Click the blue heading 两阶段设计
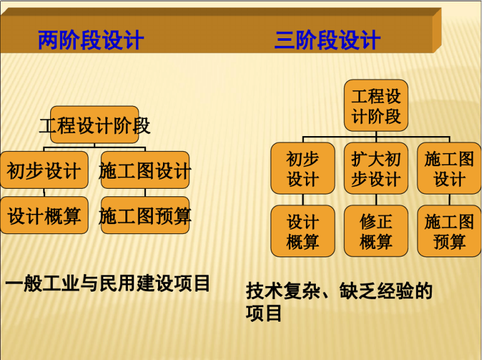tap(91, 40)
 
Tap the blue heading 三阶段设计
tap(328, 40)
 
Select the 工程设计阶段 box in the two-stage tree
tap(95, 125)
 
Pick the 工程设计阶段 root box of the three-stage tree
tap(376, 105)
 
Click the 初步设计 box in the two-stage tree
tap(45, 170)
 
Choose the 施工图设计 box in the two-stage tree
tap(145, 170)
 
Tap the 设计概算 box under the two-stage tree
tap(45, 215)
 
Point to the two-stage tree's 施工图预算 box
tap(145, 215)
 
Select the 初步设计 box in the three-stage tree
tap(303, 168)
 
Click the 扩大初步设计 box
tap(376, 168)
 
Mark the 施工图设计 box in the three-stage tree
tap(449, 168)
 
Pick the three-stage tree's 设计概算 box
tap(303, 231)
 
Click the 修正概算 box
tap(376, 231)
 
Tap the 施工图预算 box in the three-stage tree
tap(449, 231)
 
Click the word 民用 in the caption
tap(117, 283)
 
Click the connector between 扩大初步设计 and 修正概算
tap(376, 199)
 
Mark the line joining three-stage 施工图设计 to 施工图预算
tap(449, 199)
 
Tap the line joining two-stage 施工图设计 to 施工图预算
tap(145, 193)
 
